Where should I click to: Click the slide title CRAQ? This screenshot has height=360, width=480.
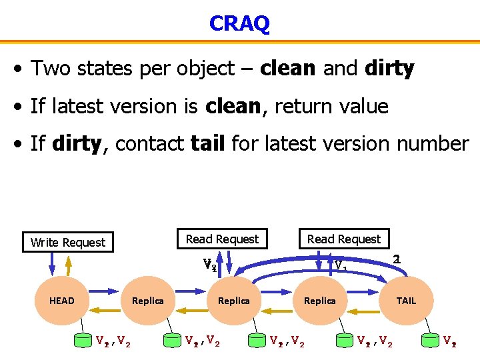[x=239, y=23]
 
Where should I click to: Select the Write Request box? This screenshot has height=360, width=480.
[x=68, y=242]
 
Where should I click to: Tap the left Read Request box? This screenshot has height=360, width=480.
[x=222, y=239]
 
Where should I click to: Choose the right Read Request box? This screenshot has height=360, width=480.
[x=343, y=239]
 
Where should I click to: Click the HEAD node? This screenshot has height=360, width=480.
[x=61, y=301]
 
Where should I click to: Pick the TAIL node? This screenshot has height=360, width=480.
[x=405, y=301]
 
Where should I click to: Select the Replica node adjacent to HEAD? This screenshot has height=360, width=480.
[x=147, y=301]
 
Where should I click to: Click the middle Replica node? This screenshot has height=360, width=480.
[x=233, y=301]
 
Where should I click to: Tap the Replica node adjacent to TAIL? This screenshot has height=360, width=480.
[x=319, y=301]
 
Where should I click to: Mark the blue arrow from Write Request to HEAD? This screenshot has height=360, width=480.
[x=51, y=264]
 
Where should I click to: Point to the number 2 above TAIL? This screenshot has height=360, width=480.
[x=396, y=259]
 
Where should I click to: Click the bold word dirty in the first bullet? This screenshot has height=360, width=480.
[x=389, y=68]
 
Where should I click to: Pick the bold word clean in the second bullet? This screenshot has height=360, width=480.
[x=233, y=106]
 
